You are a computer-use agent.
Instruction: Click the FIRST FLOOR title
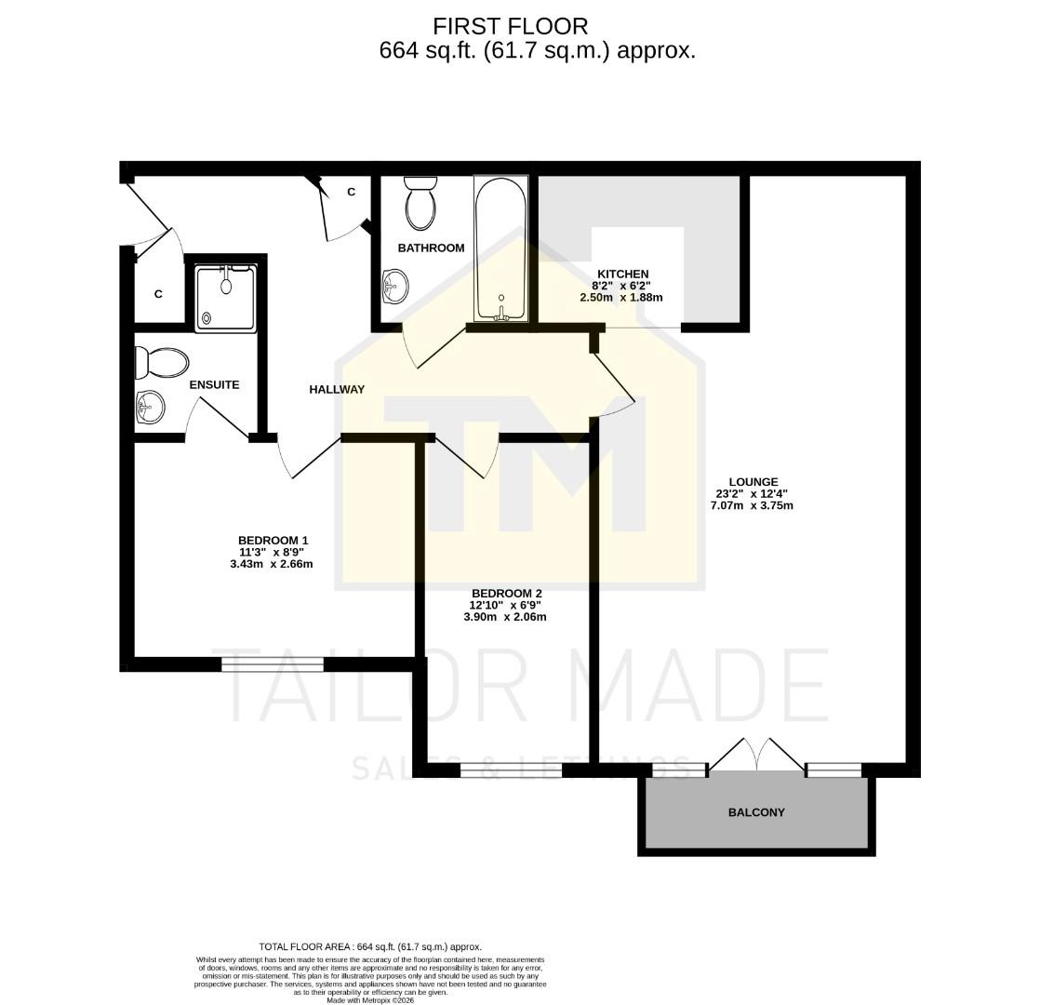(x=510, y=26)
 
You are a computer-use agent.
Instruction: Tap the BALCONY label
(x=755, y=812)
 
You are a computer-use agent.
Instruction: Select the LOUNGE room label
(x=753, y=482)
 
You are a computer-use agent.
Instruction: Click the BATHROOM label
(x=431, y=248)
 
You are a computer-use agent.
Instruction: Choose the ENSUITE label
(x=214, y=384)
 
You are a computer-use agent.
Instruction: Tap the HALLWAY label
(x=337, y=390)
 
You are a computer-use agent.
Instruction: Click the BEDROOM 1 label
(x=273, y=541)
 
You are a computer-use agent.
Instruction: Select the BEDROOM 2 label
(x=506, y=594)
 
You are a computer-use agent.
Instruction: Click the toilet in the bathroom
(x=420, y=204)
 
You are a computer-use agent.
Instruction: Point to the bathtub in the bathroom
(x=501, y=249)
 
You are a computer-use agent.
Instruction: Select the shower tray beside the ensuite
(x=225, y=298)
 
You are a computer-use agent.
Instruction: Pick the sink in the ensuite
(x=150, y=407)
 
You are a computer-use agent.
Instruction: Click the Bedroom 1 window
(x=273, y=663)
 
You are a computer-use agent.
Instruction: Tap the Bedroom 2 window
(x=510, y=770)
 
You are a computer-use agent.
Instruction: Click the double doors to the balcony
(x=756, y=756)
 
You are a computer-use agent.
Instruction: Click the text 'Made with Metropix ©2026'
(x=370, y=1000)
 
